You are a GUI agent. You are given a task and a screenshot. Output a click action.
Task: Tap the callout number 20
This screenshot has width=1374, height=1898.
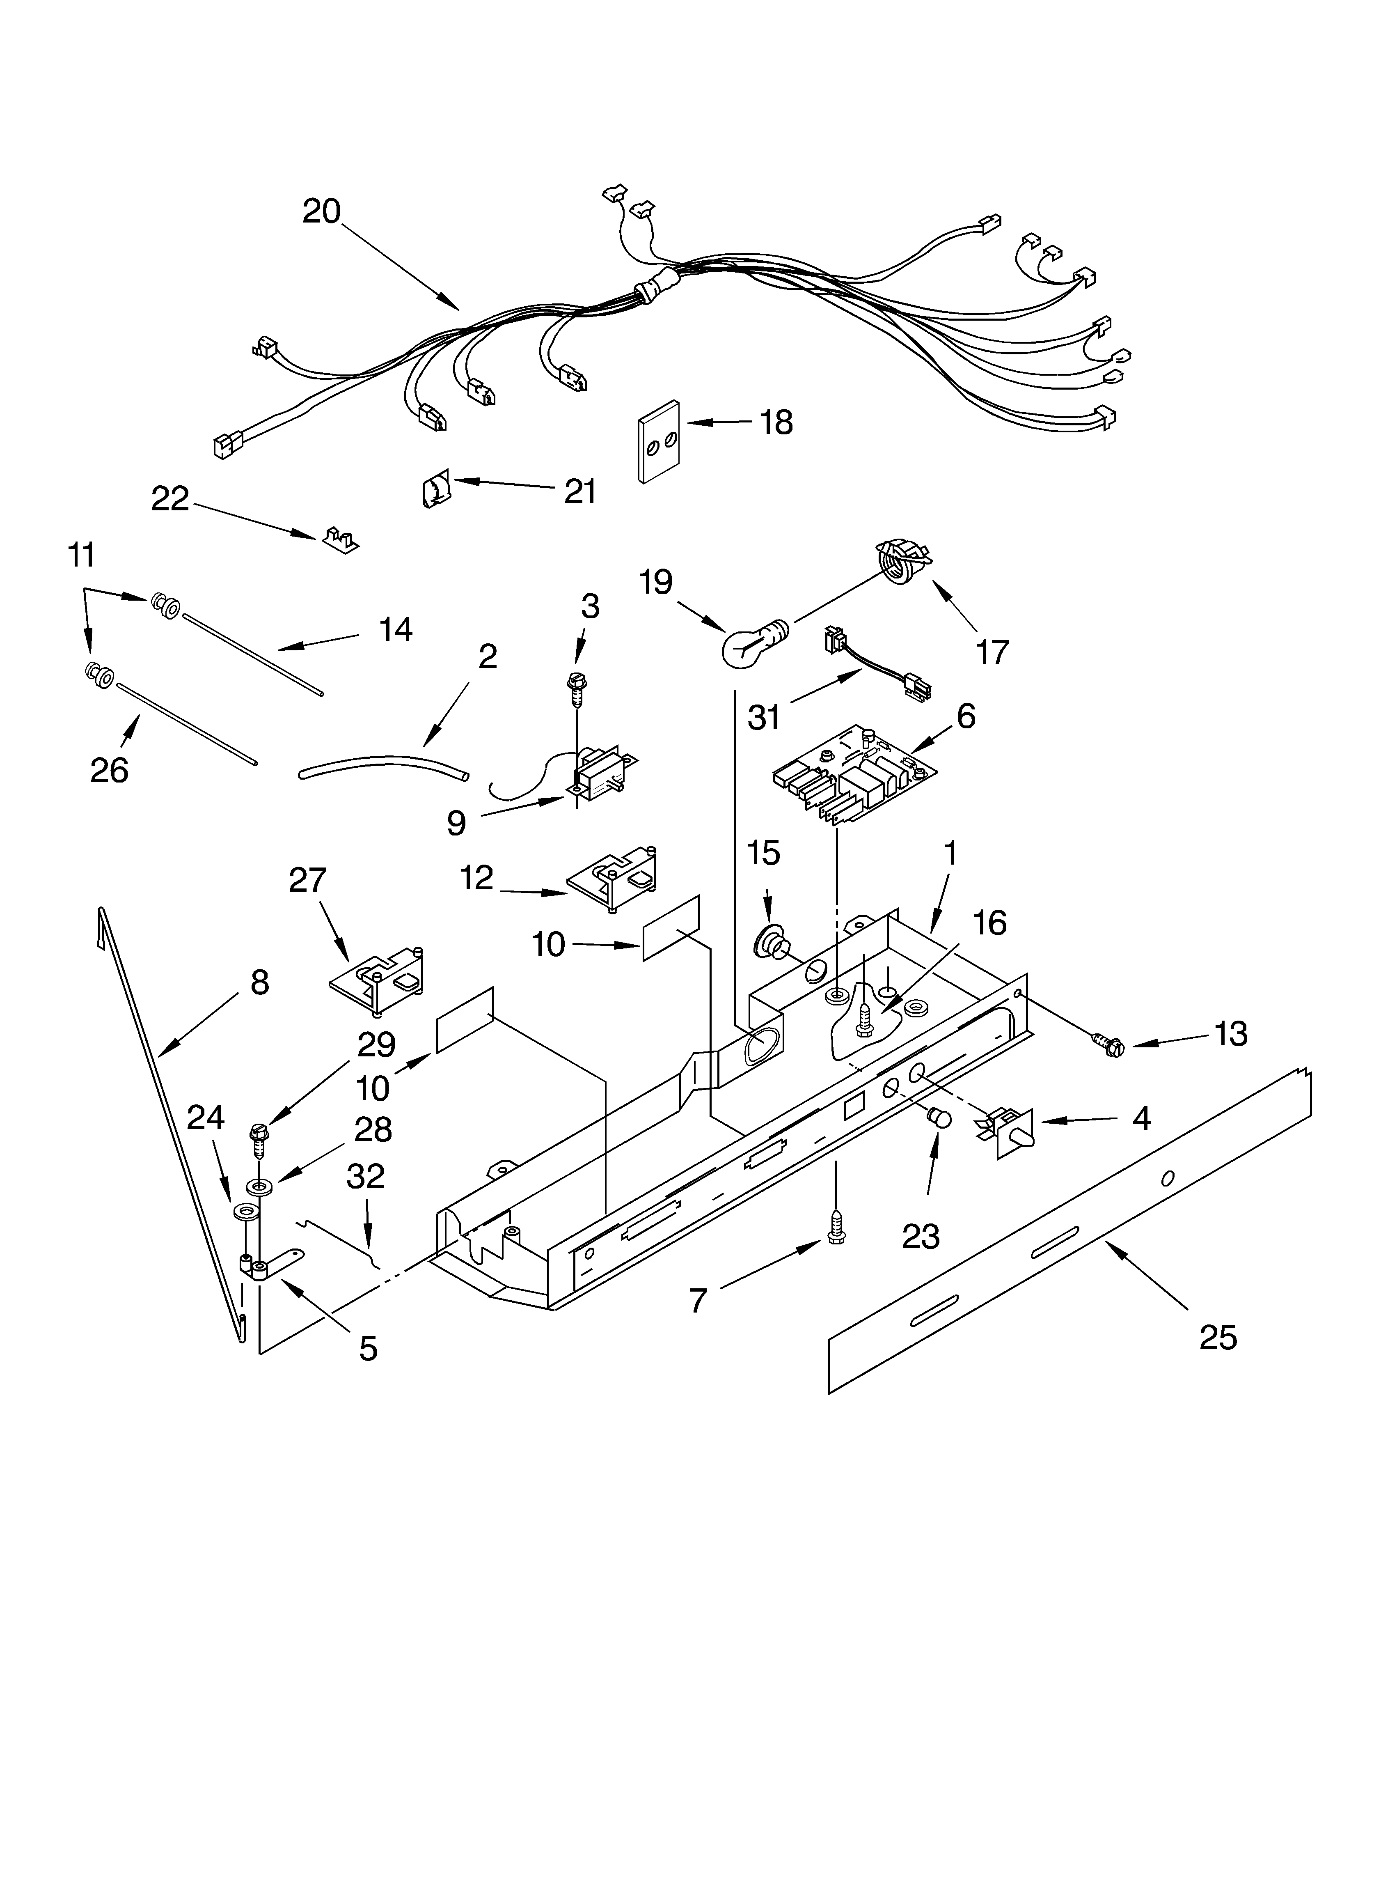tap(321, 211)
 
